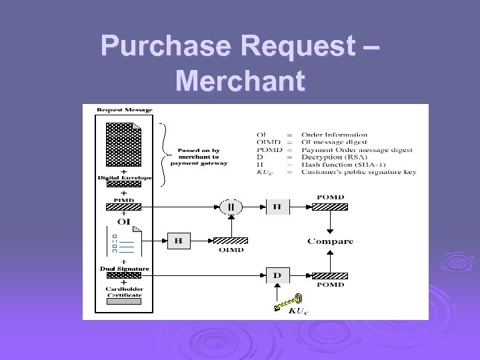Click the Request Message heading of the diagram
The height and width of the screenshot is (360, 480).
(125, 110)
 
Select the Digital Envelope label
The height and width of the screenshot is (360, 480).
(125, 178)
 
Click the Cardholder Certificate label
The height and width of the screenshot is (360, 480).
(125, 292)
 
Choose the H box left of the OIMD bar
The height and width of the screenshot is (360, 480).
(178, 240)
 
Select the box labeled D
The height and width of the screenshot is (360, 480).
(277, 274)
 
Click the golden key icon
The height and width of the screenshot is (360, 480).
(289, 301)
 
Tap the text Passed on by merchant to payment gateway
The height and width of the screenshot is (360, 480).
(199, 156)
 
